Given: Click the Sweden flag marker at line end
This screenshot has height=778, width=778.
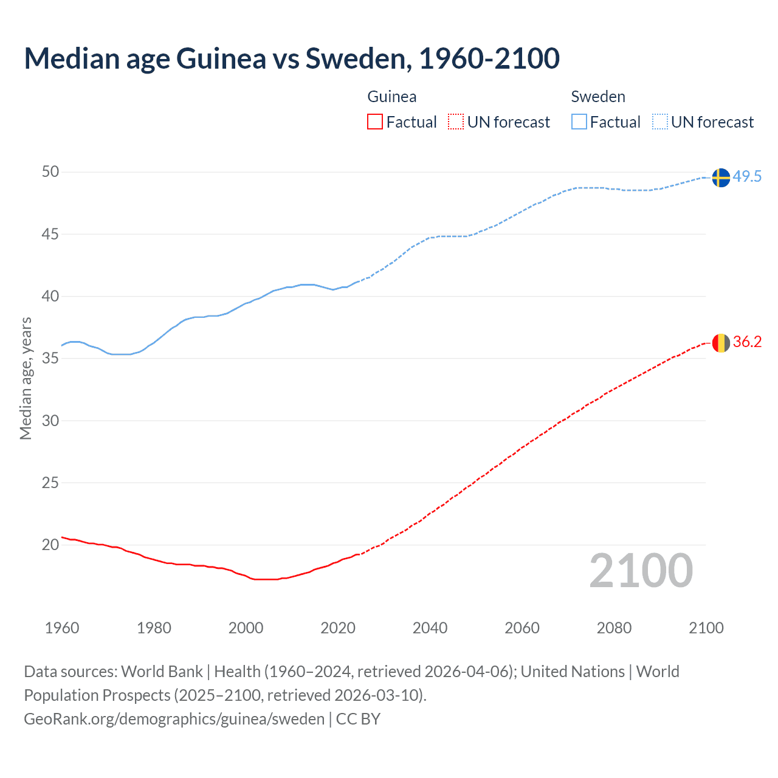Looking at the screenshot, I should tap(720, 177).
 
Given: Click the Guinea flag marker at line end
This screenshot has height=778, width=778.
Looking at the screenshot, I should tap(720, 343).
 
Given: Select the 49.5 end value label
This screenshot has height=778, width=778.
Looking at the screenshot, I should tap(747, 177).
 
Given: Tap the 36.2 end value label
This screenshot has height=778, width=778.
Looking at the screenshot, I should tap(747, 342).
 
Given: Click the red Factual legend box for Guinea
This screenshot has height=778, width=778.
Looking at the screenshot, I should tap(375, 122).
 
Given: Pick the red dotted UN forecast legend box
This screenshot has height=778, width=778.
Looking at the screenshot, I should tap(456, 122).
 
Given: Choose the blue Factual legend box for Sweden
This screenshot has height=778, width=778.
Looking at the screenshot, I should tap(579, 122).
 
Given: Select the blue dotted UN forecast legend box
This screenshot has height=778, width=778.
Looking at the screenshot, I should tap(659, 122).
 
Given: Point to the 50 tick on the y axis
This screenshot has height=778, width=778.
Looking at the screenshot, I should tap(50, 172).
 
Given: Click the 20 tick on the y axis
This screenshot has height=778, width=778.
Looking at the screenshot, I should tap(50, 545).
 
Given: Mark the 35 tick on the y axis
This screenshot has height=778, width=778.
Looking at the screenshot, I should tap(50, 359).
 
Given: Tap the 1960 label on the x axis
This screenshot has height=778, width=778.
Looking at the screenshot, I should tap(62, 628).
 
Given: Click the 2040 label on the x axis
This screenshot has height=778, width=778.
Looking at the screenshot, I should tap(430, 628).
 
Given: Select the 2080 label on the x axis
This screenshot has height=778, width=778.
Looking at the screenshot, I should tap(614, 628).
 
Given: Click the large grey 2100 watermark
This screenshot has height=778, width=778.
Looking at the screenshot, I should tap(641, 571).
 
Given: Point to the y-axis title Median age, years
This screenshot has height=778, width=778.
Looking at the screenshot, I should tap(26, 378).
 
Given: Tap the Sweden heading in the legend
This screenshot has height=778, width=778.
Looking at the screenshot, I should tap(598, 97).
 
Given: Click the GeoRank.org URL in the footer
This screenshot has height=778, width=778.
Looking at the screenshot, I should tap(174, 719).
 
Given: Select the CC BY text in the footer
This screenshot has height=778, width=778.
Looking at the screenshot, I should tap(358, 719).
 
